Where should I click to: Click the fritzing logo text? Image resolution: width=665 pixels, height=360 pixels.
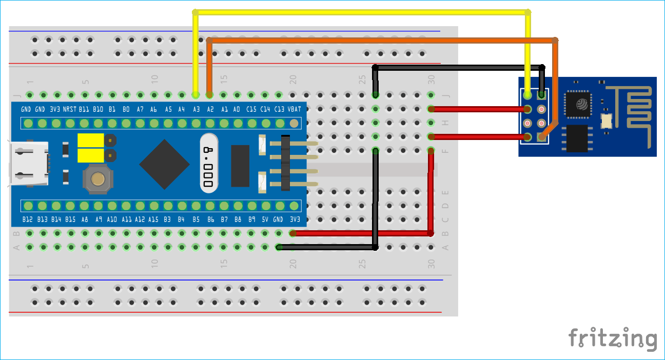(612, 338)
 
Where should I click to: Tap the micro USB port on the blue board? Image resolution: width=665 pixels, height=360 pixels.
(28, 163)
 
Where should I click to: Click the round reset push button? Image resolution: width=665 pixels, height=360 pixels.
(96, 179)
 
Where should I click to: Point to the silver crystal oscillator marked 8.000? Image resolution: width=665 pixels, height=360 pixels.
(209, 164)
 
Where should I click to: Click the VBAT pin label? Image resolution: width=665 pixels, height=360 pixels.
(294, 110)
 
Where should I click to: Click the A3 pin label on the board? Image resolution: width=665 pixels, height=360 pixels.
(195, 110)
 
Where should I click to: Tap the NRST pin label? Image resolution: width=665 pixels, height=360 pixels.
(70, 110)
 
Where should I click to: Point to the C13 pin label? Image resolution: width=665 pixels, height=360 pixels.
(279, 110)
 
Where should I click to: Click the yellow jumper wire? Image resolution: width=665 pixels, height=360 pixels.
(359, 12)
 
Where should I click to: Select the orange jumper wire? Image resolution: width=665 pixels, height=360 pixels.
(380, 39)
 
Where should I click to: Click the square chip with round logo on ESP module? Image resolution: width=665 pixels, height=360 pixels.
(578, 104)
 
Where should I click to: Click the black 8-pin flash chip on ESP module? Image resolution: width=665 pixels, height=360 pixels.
(577, 138)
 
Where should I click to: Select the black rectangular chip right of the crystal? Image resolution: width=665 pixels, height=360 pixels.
(240, 166)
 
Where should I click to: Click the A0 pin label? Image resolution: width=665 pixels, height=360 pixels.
(237, 110)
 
